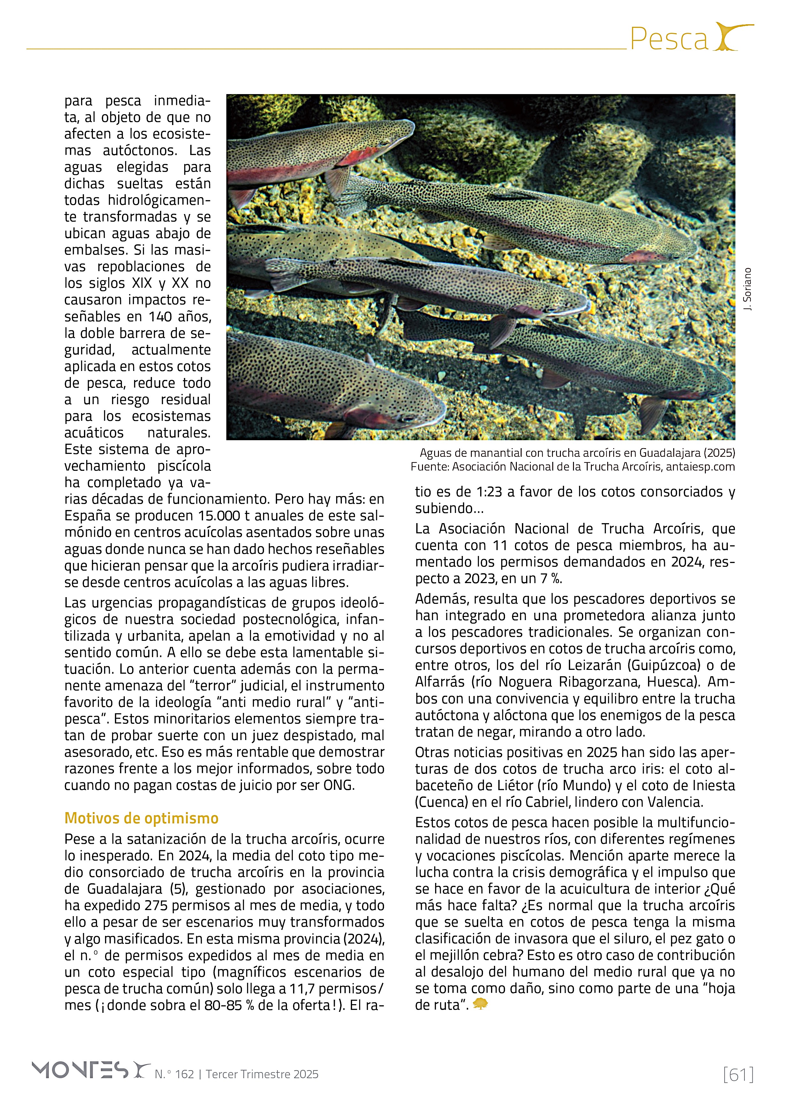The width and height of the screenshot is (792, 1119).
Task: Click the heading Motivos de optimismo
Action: (x=141, y=818)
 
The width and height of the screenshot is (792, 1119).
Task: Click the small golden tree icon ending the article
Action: (x=480, y=1004)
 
